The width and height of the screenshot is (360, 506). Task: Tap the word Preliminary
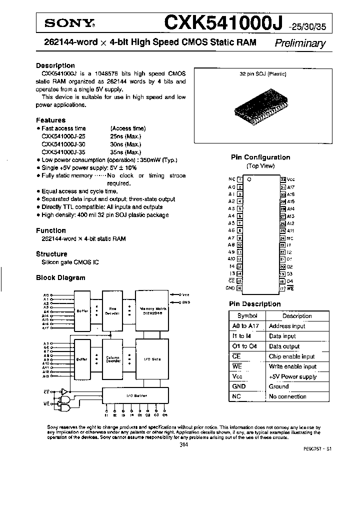(x=300, y=43)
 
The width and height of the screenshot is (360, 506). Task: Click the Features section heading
(x=50, y=120)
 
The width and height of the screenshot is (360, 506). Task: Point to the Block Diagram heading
(x=60, y=277)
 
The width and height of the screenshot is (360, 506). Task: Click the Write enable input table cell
(x=292, y=366)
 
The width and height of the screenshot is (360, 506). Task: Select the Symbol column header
(x=247, y=316)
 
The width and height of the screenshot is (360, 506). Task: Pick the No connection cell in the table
(x=287, y=396)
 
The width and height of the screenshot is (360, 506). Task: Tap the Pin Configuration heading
(x=260, y=157)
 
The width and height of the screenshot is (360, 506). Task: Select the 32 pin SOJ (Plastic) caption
(x=262, y=73)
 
